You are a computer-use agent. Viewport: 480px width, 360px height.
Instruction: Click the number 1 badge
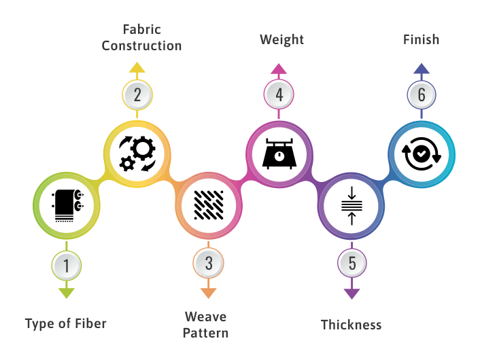[x=67, y=266]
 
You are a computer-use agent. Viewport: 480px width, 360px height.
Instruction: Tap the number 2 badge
[x=137, y=95]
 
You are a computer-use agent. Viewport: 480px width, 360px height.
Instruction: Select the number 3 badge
[x=209, y=263]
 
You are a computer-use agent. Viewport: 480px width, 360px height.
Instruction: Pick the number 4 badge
[x=279, y=94]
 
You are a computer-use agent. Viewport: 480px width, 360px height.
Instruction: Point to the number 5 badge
[x=352, y=263]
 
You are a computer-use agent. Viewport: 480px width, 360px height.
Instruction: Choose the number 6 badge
[x=422, y=95]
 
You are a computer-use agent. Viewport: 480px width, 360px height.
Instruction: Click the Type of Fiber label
[x=66, y=324]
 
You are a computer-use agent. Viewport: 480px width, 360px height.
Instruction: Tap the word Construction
[x=141, y=46]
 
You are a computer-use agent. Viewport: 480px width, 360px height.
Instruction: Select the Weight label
[x=282, y=40]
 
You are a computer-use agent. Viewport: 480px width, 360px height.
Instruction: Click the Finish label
[x=422, y=40]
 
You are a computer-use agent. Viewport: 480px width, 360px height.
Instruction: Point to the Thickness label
[x=352, y=325]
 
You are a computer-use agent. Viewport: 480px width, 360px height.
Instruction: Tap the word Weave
[x=206, y=317]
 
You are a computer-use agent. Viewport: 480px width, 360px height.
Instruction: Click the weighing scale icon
[x=279, y=154]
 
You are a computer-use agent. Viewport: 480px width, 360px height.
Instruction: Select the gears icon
[x=137, y=154]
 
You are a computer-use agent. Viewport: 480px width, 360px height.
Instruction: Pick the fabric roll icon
[x=68, y=206]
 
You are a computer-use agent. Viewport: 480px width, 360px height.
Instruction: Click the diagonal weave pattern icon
[x=209, y=205]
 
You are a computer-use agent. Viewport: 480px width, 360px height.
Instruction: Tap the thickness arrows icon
[x=352, y=206]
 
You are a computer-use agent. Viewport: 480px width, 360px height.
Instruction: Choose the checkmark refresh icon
[x=422, y=154]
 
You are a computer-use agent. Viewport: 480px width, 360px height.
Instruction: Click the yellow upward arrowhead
[x=137, y=67]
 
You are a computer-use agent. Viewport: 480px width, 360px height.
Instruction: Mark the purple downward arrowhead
[x=352, y=293]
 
